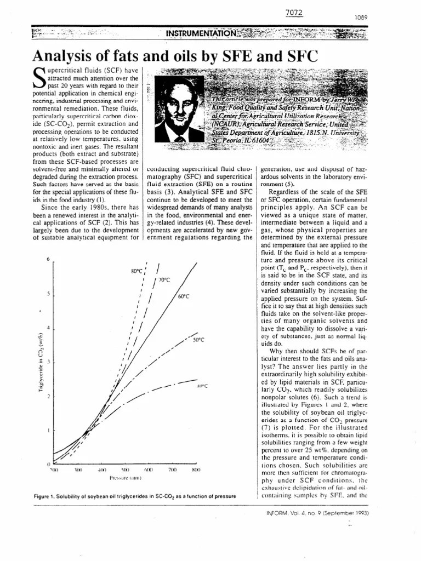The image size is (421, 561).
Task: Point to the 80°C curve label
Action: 136,271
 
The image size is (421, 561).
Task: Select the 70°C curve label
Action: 164,280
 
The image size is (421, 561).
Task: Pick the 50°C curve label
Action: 198,340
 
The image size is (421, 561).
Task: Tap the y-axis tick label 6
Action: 48,259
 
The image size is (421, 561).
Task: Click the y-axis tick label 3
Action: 48,362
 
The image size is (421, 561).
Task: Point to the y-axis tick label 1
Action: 48,431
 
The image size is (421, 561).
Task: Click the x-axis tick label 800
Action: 196,470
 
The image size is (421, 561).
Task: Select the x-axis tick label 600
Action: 148,470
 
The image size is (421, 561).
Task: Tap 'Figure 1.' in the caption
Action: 46,495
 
